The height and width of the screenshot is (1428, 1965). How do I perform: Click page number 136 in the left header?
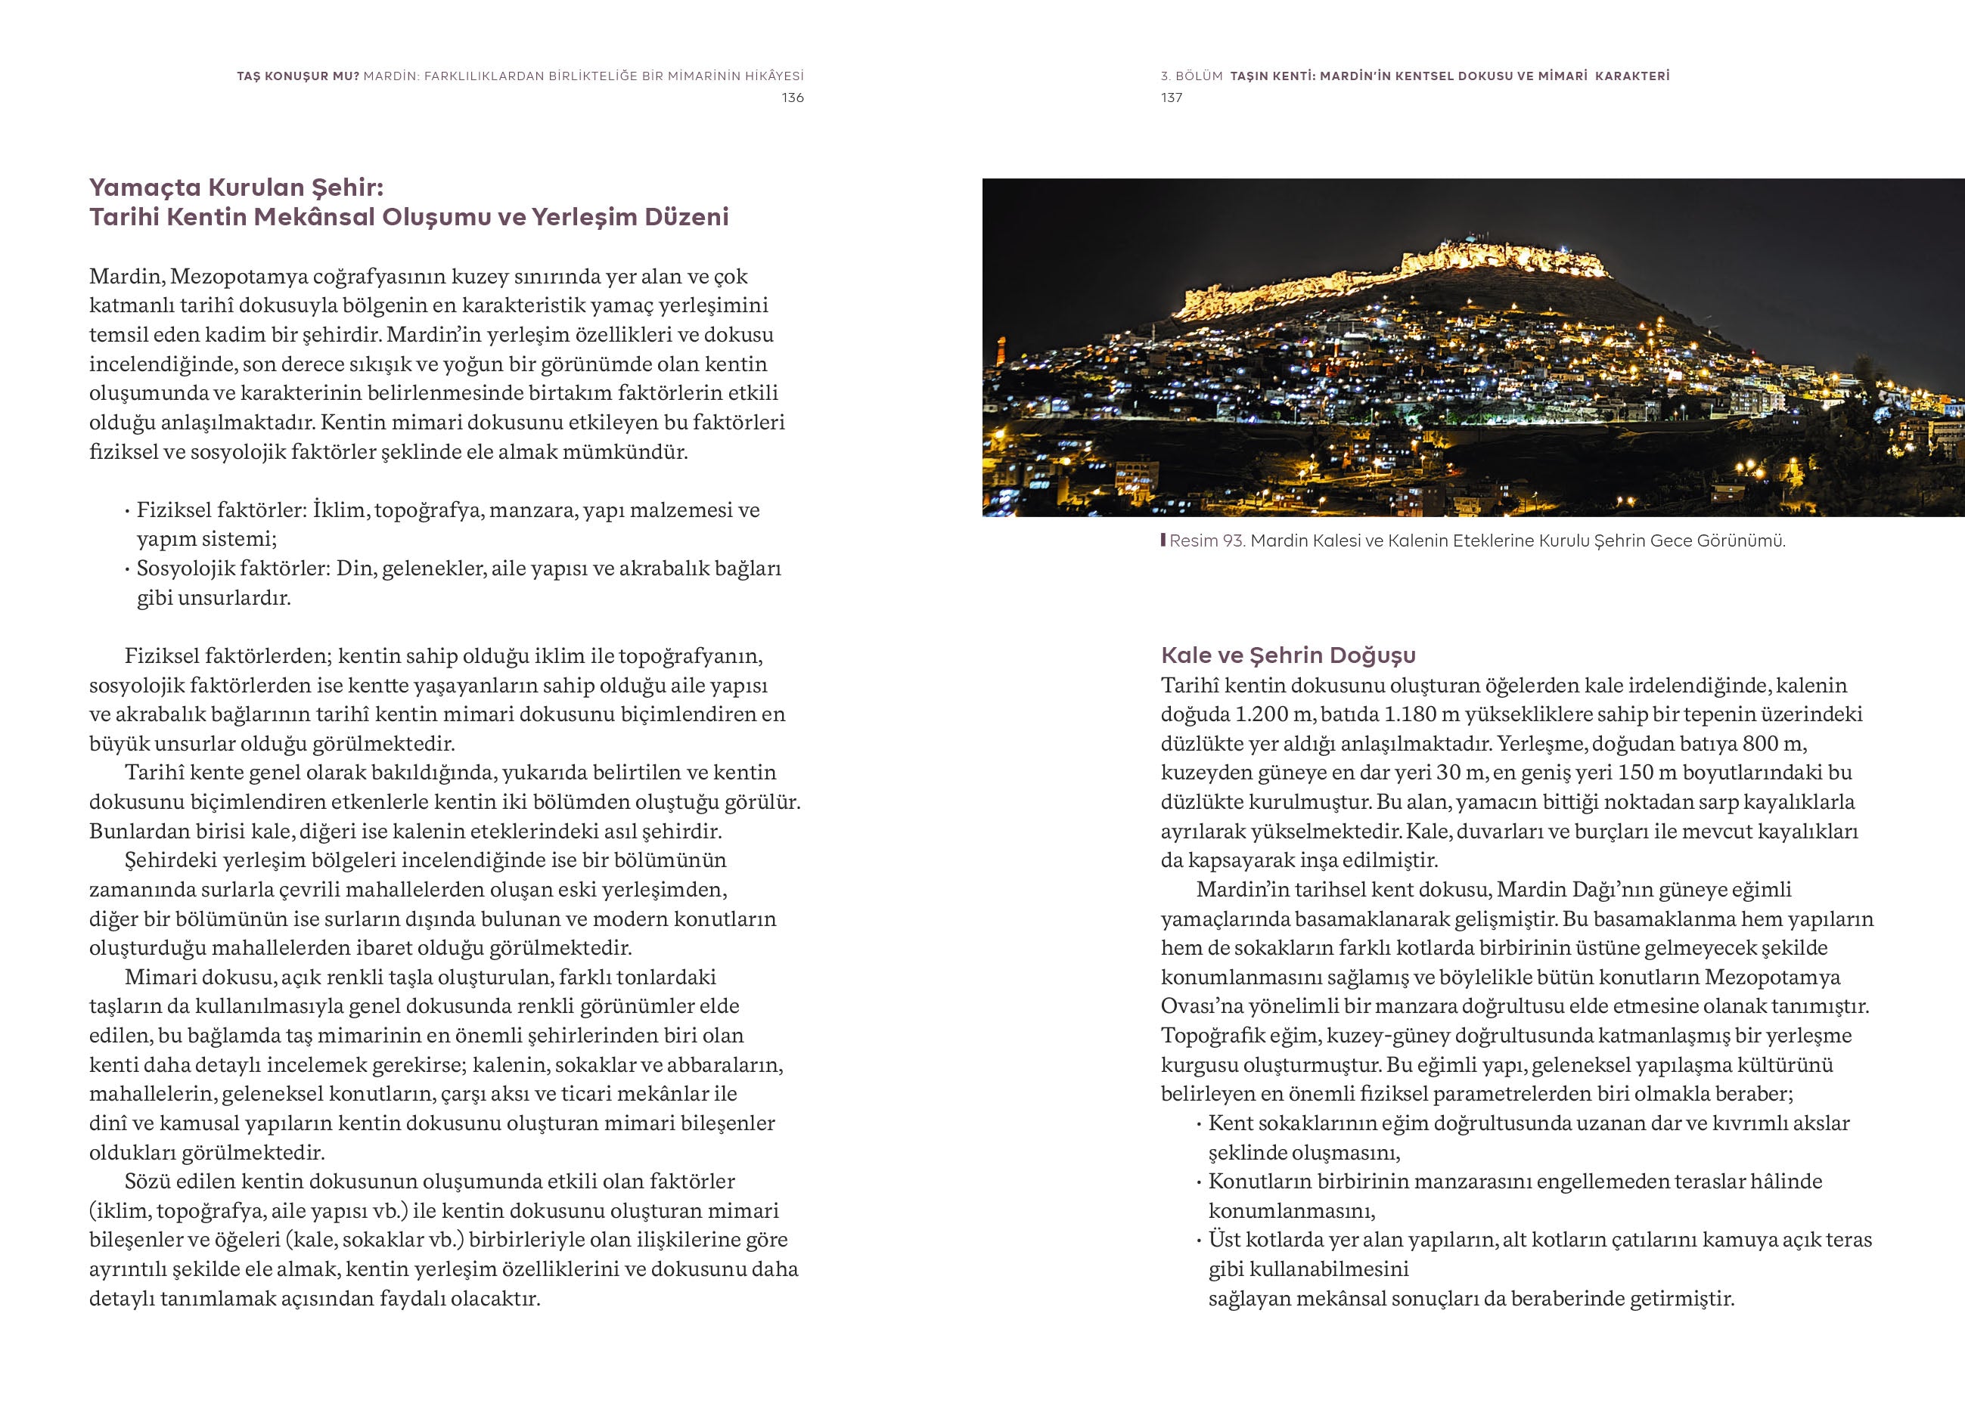[x=792, y=98]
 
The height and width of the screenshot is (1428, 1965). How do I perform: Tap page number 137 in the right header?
[x=1172, y=98]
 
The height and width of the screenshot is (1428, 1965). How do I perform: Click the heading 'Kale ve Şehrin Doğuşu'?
[x=1288, y=655]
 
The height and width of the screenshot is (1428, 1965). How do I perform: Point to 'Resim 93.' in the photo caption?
[x=1207, y=541]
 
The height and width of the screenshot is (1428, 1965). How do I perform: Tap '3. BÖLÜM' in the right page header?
[x=1191, y=76]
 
